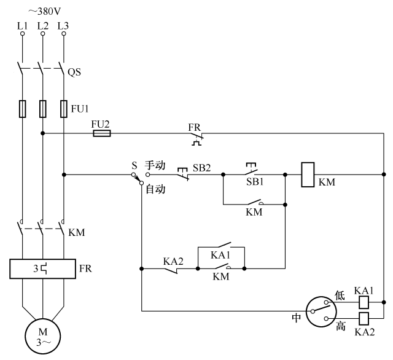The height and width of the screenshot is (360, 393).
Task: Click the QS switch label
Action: (x=75, y=71)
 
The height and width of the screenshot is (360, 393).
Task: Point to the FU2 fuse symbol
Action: (x=101, y=133)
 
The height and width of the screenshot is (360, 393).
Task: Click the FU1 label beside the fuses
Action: (x=79, y=110)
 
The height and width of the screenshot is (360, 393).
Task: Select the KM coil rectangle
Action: (x=309, y=174)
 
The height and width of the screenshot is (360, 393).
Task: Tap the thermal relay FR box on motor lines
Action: (x=42, y=269)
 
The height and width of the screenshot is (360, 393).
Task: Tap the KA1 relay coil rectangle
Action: (x=363, y=302)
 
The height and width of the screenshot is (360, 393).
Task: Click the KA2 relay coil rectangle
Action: (x=363, y=318)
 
